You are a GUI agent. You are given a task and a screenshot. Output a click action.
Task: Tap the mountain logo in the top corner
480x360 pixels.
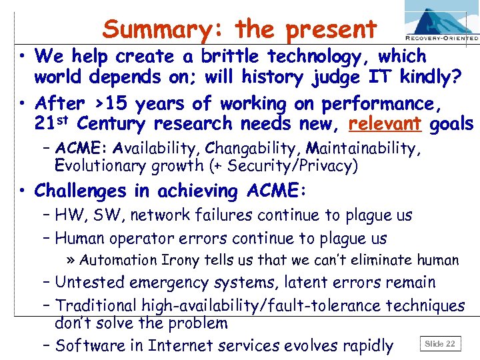(440, 19)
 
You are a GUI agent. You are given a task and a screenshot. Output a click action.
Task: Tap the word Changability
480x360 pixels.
(246, 147)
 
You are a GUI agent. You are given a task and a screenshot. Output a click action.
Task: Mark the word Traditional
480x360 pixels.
(97, 305)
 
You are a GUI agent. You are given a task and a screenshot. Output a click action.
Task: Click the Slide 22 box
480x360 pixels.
(440, 344)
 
